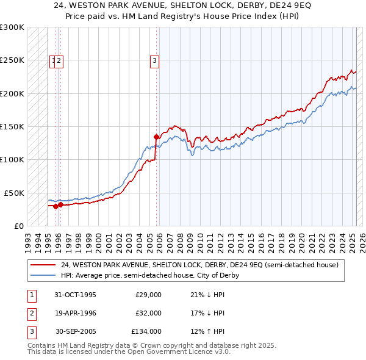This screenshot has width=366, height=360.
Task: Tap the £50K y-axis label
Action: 14,193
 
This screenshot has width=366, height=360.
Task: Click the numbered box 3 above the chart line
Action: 155,60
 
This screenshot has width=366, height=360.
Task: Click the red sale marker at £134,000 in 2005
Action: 156,137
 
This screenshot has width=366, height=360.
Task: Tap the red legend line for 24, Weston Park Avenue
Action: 43,265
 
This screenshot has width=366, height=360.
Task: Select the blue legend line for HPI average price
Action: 43,275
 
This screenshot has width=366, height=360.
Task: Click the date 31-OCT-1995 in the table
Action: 76,295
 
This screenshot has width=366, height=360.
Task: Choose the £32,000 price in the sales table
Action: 148,313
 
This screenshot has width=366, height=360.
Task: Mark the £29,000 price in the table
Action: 148,295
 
